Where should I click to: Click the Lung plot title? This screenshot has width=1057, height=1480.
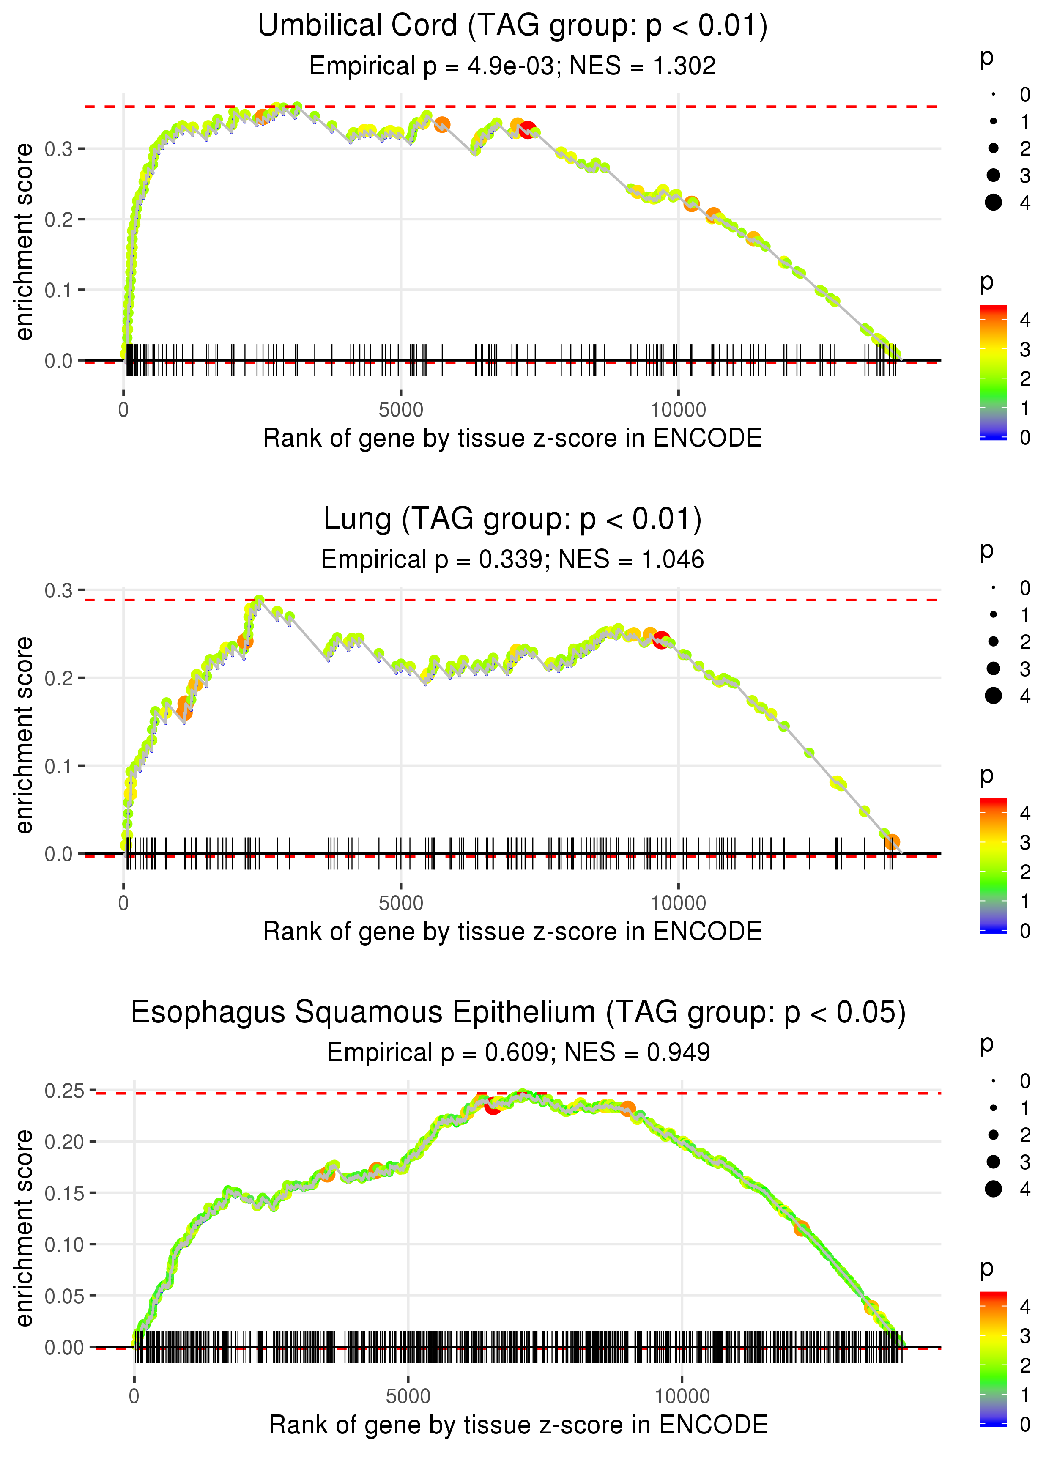point(512,519)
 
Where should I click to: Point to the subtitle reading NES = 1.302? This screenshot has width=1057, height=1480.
point(512,66)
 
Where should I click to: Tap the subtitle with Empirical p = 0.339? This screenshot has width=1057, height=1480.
point(512,559)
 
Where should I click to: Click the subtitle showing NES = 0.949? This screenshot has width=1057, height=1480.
point(518,1052)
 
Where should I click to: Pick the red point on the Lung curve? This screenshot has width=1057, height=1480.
point(661,640)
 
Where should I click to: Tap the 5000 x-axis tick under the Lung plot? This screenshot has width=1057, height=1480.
point(401,903)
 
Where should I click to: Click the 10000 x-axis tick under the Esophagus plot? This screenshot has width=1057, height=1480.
point(682,1396)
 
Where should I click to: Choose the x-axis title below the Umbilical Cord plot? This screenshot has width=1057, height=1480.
point(512,438)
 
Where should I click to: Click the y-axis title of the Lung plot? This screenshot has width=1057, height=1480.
point(24,735)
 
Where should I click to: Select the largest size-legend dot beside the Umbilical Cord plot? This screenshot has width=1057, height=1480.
point(993,203)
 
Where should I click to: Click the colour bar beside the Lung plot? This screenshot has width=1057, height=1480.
point(993,865)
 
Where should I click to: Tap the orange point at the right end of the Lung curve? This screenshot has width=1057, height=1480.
point(892,842)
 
